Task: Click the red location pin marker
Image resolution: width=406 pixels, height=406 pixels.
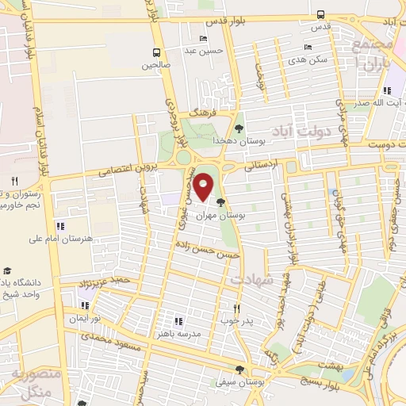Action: coord(204,186)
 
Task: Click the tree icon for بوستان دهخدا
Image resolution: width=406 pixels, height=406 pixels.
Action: coord(239,127)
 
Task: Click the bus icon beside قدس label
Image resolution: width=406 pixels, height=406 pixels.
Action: coord(320,14)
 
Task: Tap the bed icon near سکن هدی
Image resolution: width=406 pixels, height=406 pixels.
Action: coord(308,48)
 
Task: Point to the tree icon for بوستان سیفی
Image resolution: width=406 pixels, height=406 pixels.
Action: coord(239,370)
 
